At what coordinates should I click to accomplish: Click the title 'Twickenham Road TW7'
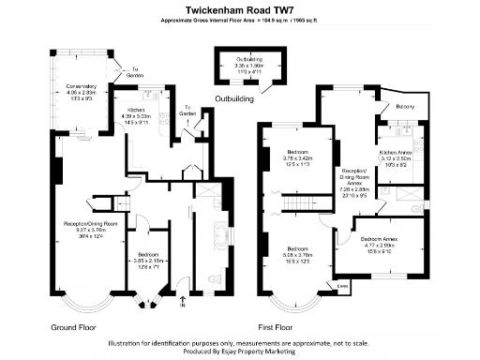[239, 9]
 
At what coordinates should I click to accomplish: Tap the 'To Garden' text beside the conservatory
[137, 70]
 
